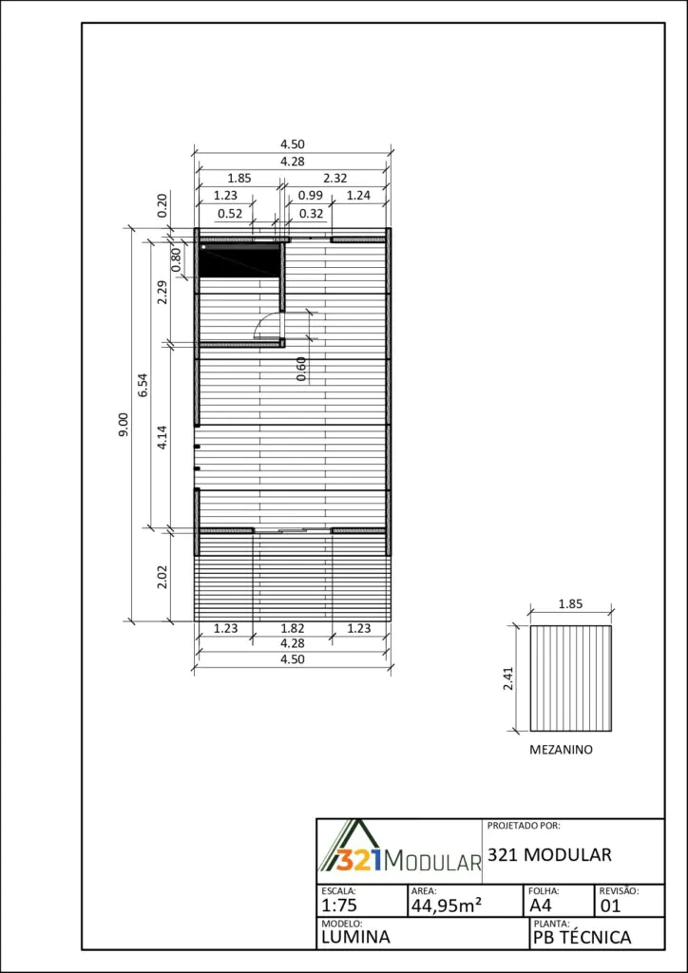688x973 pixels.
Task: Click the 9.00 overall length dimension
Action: tap(124, 425)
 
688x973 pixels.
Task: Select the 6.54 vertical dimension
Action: tap(143, 386)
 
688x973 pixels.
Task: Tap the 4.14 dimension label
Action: tap(162, 437)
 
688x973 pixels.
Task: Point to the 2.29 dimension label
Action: tap(162, 292)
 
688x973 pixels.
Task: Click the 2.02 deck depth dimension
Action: tap(162, 577)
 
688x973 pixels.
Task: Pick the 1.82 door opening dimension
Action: tap(292, 628)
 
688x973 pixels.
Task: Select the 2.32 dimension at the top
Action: tap(335, 178)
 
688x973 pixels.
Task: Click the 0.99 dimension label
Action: tap(310, 196)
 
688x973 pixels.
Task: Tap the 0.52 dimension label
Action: tap(230, 214)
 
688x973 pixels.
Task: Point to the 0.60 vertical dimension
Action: tap(301, 370)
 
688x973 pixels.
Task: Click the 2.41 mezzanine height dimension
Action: tap(508, 677)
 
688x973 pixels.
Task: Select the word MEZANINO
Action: tap(561, 750)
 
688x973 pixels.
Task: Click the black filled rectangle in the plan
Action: tap(239, 260)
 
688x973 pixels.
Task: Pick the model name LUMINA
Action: tap(356, 937)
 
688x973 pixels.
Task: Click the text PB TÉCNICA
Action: tap(582, 937)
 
